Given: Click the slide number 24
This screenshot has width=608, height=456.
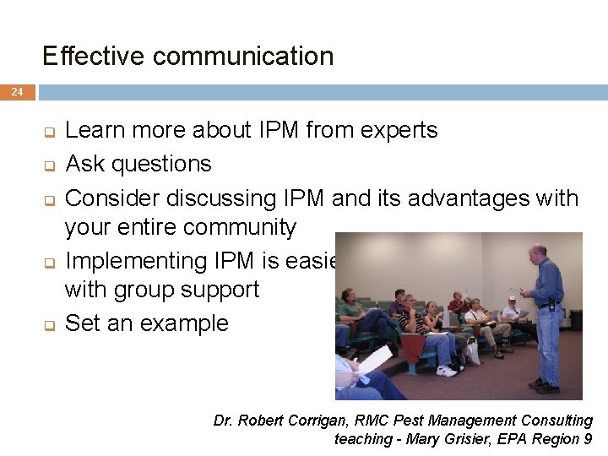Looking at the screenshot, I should pos(18,92).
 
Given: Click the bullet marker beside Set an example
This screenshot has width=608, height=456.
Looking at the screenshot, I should pos(49,325).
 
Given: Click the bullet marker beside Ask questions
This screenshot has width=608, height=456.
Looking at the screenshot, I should pos(49,165).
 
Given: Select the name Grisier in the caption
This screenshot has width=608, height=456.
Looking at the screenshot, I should pos(464,439).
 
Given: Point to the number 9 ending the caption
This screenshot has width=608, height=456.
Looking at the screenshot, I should pos(588,439).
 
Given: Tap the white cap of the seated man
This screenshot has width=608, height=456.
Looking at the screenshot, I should pos(511,299).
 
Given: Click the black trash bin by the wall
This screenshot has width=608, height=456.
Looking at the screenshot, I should pos(576,320).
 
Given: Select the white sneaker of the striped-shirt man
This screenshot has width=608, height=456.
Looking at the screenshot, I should pos(446,370).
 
